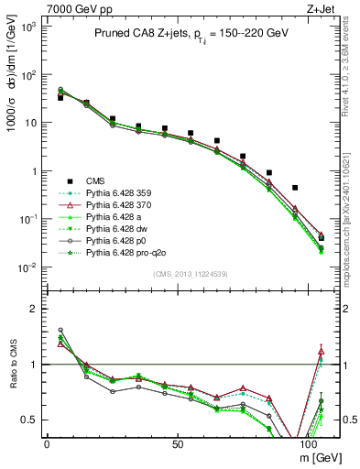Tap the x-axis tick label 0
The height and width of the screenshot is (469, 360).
point(47,442)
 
